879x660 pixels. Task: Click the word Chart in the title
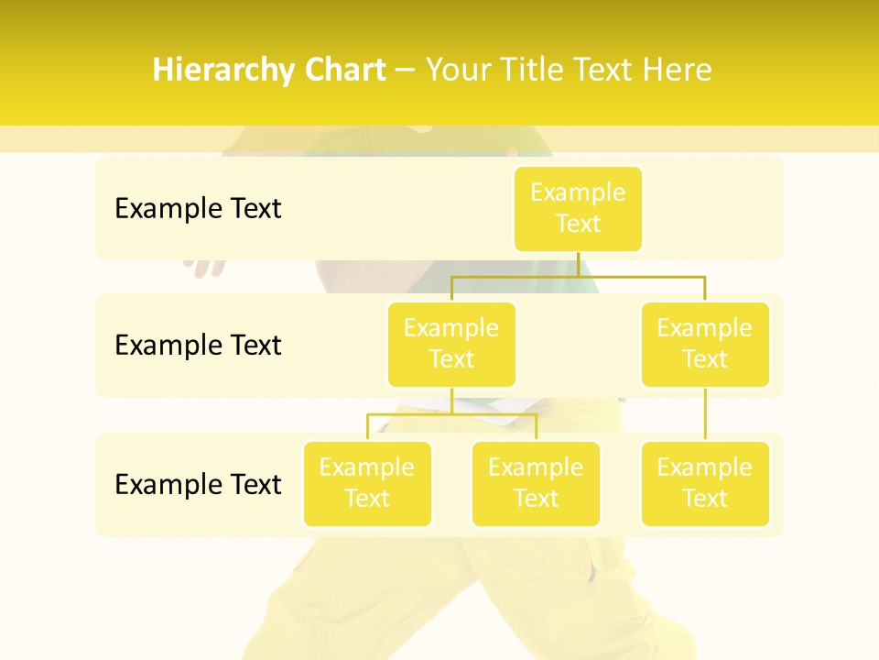point(345,70)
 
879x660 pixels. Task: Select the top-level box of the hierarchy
point(578,208)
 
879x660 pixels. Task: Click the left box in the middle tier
point(451,344)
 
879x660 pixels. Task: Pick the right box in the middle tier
point(705,344)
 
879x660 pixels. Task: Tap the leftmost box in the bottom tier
point(367,483)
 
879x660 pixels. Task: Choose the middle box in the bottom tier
point(536,483)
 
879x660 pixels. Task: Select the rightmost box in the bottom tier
point(705,483)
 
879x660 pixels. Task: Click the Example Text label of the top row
point(198,208)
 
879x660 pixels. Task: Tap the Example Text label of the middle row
point(198,345)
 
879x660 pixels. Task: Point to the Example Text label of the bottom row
point(198,483)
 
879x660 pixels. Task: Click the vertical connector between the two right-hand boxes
point(705,414)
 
